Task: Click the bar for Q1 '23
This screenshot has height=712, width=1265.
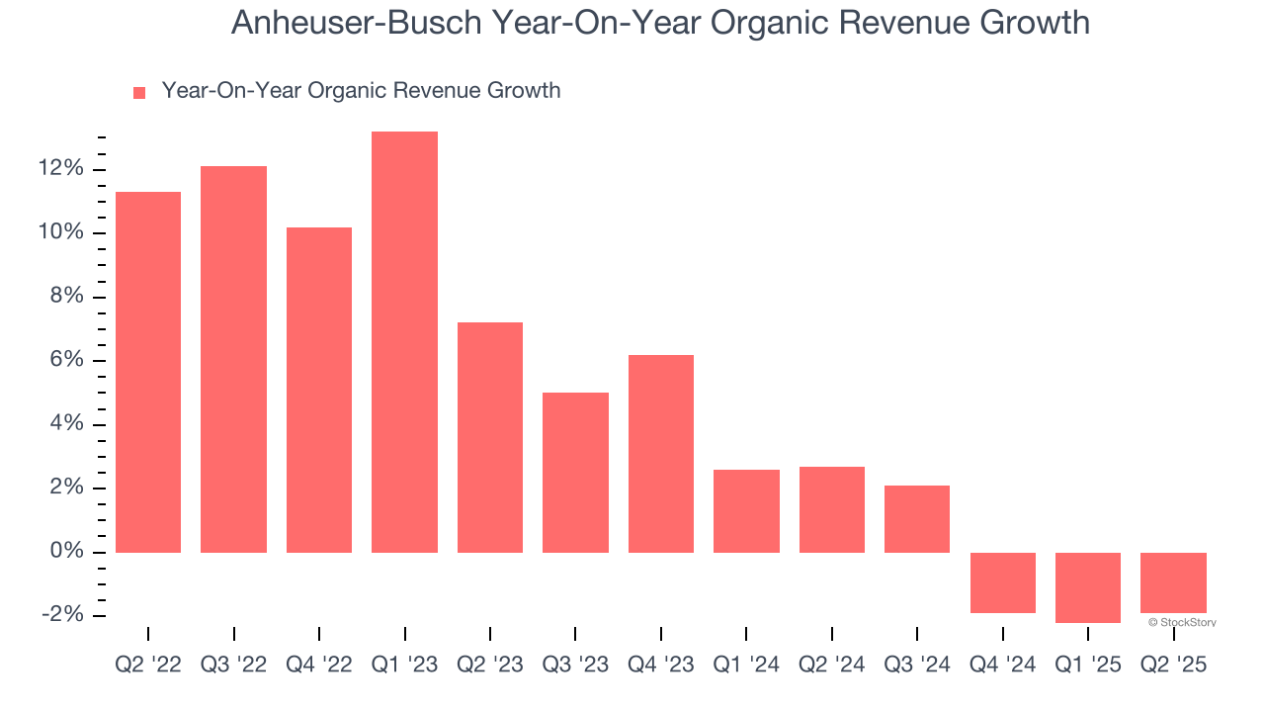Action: click(x=404, y=341)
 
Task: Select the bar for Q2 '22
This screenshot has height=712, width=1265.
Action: click(x=148, y=372)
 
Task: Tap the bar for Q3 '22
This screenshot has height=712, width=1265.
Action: click(x=233, y=359)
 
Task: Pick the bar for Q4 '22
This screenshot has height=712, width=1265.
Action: click(x=319, y=390)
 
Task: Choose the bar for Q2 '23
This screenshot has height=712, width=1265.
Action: click(x=489, y=437)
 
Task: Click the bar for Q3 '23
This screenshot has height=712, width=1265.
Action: click(x=575, y=473)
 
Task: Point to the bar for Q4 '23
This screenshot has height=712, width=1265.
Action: click(x=660, y=453)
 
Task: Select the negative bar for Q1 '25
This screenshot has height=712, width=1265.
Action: click(x=1087, y=587)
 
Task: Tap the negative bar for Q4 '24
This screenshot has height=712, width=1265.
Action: click(x=1002, y=582)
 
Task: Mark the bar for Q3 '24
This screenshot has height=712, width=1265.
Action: click(x=916, y=518)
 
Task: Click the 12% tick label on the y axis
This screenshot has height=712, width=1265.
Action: click(x=61, y=169)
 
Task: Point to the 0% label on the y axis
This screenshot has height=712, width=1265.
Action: click(x=67, y=552)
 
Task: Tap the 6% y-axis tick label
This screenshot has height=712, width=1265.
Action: click(x=67, y=361)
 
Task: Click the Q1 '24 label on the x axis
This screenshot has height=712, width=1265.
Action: click(x=746, y=666)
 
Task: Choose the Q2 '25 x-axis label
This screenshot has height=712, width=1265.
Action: click(x=1173, y=666)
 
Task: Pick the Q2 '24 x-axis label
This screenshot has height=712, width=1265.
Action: click(x=831, y=666)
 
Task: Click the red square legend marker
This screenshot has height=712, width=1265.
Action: click(x=139, y=92)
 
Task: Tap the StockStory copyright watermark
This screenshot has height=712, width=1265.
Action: click(x=1182, y=622)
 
